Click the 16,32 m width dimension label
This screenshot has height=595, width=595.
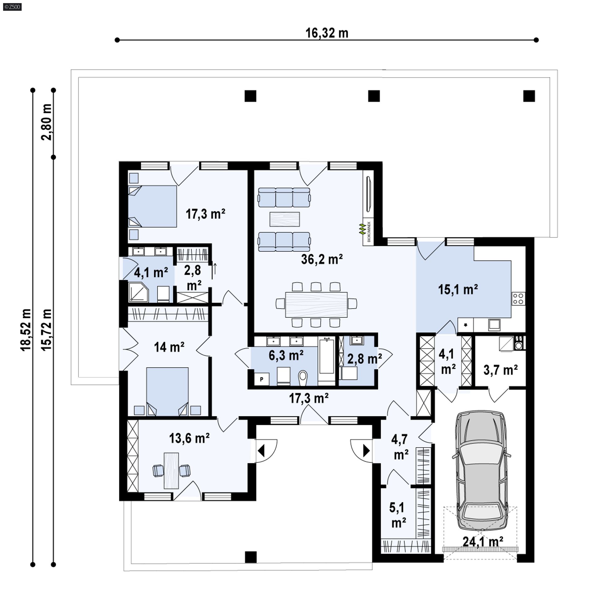click(x=327, y=33)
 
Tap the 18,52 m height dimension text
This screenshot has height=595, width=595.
click(x=26, y=330)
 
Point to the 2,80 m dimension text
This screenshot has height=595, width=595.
click(x=47, y=122)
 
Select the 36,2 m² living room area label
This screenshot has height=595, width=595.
click(x=322, y=259)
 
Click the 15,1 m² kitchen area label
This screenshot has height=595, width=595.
click(x=458, y=289)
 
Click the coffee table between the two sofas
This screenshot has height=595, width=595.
click(x=284, y=219)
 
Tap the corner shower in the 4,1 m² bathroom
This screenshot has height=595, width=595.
click(x=139, y=291)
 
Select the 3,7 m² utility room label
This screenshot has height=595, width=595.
click(x=500, y=370)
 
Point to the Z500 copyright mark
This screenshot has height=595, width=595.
click(x=12, y=7)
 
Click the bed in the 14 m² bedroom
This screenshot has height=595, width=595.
click(x=167, y=391)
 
